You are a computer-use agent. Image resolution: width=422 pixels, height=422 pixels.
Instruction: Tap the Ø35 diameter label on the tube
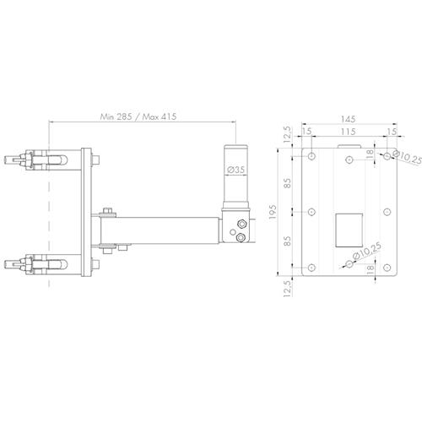237,171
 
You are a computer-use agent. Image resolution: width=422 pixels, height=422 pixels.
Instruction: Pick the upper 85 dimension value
288,184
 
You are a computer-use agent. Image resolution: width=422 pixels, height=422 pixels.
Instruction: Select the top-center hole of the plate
349,157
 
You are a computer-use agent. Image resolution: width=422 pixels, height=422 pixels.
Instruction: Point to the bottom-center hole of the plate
349,265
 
